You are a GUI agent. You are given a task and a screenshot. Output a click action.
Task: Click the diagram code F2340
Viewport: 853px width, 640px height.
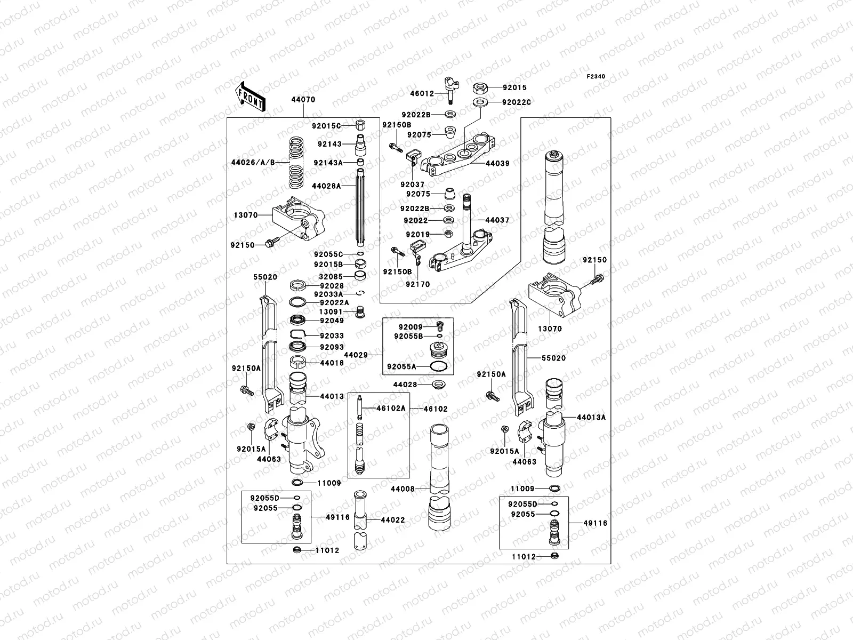(596, 77)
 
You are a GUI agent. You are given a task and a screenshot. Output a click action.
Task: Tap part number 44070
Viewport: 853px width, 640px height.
(303, 99)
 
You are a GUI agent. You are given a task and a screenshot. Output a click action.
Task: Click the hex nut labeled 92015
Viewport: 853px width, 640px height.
(478, 87)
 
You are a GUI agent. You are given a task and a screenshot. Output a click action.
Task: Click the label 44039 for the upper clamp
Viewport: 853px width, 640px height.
(497, 163)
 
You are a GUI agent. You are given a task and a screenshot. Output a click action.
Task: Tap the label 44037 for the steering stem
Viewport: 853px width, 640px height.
(497, 220)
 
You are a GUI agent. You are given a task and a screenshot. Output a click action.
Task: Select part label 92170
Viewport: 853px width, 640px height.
(417, 284)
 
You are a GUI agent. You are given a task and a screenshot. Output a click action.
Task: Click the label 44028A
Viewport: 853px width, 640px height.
(326, 186)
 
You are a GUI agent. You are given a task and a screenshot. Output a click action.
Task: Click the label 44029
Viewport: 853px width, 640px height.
(356, 355)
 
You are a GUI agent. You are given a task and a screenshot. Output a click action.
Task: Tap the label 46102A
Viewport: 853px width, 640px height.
(391, 409)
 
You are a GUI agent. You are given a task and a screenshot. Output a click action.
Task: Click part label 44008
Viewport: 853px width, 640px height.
(403, 489)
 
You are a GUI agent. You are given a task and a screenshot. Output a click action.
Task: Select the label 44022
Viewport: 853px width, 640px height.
(393, 520)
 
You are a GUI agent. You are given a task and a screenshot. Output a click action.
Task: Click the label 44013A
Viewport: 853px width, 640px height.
(591, 418)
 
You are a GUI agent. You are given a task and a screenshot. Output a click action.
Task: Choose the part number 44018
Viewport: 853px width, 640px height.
(332, 363)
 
